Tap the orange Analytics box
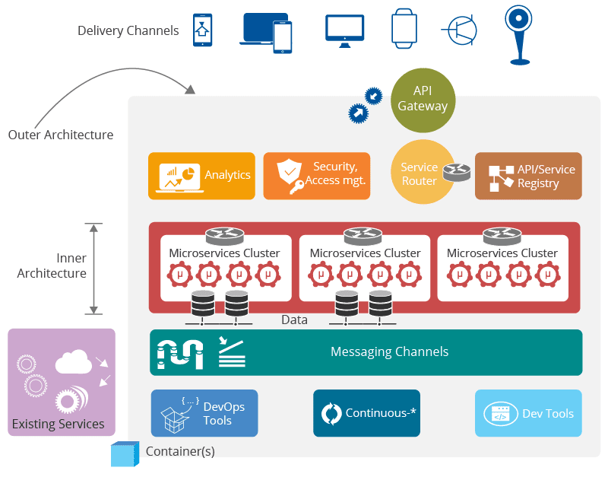(201, 176)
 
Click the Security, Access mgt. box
(317, 176)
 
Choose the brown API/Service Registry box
(528, 176)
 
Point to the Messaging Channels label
(389, 351)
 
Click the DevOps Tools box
(204, 413)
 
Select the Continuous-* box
(366, 413)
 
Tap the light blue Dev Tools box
(528, 413)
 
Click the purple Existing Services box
(62, 382)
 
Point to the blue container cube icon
(125, 454)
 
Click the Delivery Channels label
(128, 31)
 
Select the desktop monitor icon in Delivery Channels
(344, 30)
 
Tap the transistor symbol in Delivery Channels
(460, 30)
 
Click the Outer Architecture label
(61, 135)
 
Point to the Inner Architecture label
(52, 266)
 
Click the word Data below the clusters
(294, 320)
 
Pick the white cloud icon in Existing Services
(73, 361)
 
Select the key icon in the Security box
(295, 186)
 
